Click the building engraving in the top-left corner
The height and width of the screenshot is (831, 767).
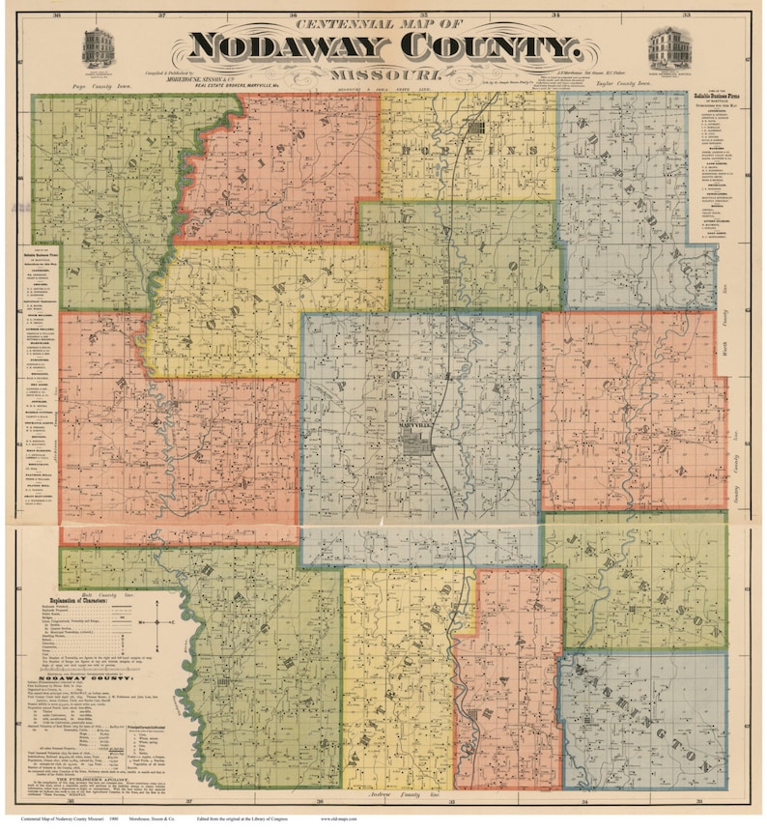99,47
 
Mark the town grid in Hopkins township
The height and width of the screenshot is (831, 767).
481,128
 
